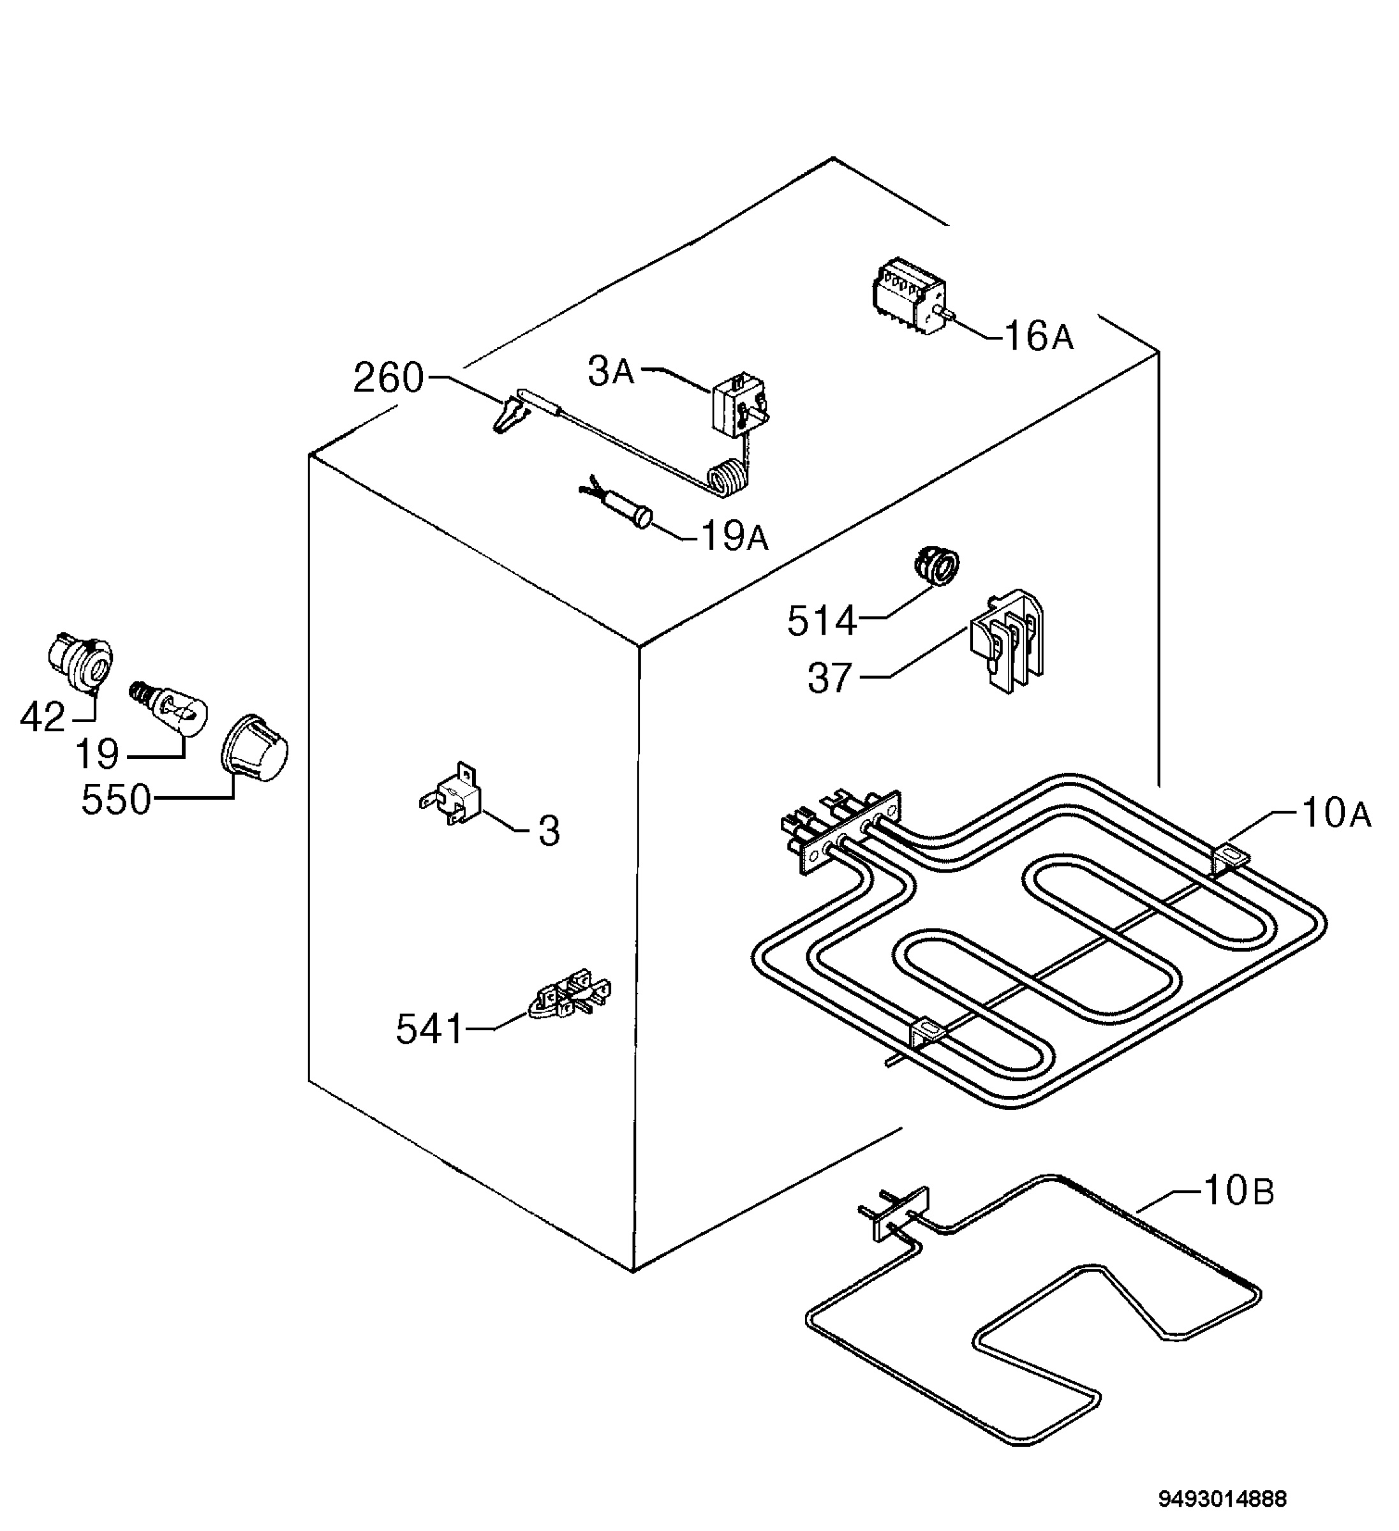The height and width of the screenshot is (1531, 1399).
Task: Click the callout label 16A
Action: tap(1038, 336)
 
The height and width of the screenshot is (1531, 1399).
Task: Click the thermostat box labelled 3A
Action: tap(739, 408)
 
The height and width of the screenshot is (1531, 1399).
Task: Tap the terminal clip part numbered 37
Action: tap(1005, 642)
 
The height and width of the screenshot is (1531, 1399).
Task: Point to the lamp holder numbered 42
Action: tap(79, 662)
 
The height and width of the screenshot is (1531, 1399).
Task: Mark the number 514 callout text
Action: tap(822, 621)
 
